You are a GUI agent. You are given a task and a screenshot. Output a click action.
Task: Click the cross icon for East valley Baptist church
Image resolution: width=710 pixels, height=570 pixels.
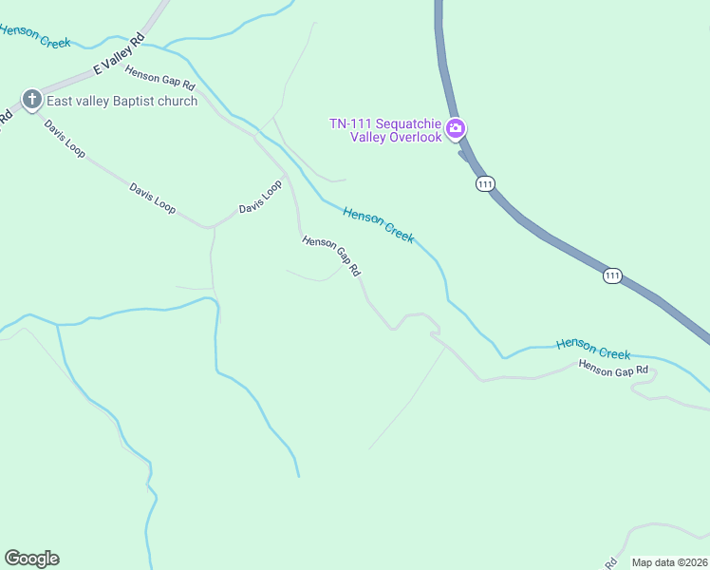click(31, 100)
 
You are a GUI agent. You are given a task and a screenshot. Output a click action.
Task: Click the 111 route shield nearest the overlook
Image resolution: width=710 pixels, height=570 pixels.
click(485, 183)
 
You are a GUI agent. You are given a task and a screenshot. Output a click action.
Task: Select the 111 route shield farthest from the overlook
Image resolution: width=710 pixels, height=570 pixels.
click(612, 275)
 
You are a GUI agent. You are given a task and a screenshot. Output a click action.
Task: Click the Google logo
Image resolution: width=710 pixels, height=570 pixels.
click(31, 559)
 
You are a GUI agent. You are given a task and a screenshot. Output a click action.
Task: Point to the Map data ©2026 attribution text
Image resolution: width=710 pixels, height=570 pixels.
click(669, 562)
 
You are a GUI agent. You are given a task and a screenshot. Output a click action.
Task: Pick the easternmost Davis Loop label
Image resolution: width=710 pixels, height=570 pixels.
click(260, 198)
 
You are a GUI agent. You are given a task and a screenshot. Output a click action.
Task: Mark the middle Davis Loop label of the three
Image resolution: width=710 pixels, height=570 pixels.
click(153, 199)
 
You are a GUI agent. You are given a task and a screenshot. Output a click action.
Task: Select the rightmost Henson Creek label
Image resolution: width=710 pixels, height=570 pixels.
click(593, 349)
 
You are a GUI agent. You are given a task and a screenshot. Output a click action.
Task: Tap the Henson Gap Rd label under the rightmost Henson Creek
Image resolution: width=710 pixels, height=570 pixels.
click(613, 368)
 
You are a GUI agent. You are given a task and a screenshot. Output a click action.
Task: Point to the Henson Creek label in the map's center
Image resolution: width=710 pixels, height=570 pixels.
click(379, 225)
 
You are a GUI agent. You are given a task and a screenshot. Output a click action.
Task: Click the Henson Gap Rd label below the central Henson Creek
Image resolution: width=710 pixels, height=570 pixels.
click(331, 256)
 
